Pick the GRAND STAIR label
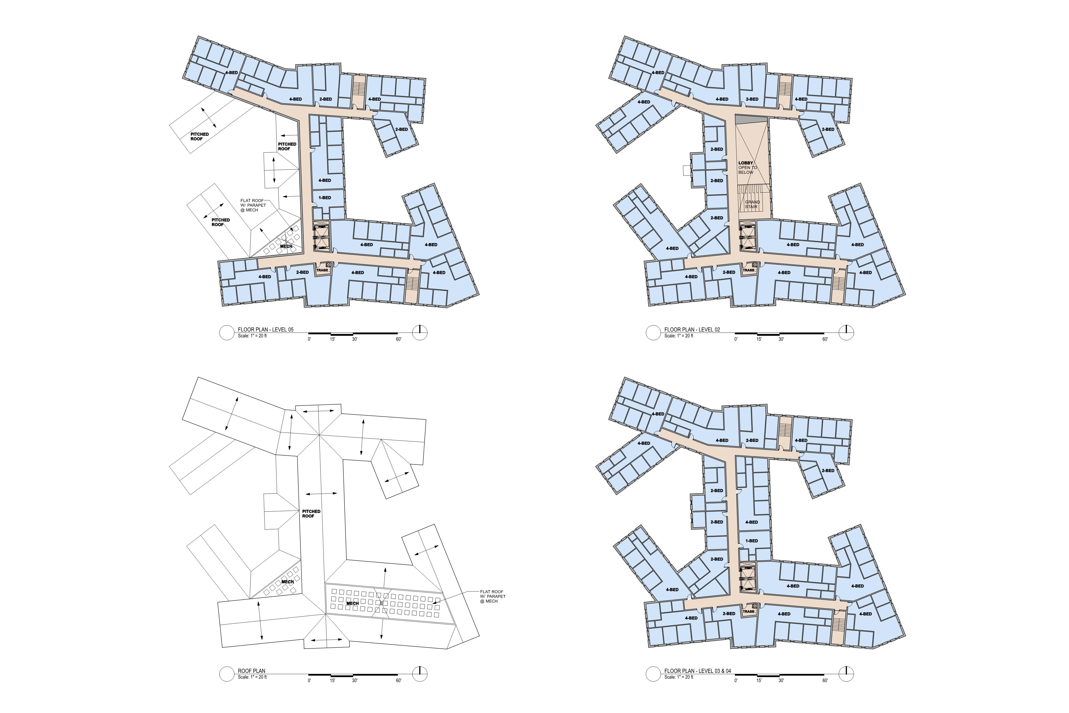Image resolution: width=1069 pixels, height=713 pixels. (752, 204)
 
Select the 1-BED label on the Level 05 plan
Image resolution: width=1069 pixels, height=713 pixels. (324, 198)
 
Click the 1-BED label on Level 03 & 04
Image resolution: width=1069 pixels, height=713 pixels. (751, 541)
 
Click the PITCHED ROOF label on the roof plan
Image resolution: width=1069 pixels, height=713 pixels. (311, 513)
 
